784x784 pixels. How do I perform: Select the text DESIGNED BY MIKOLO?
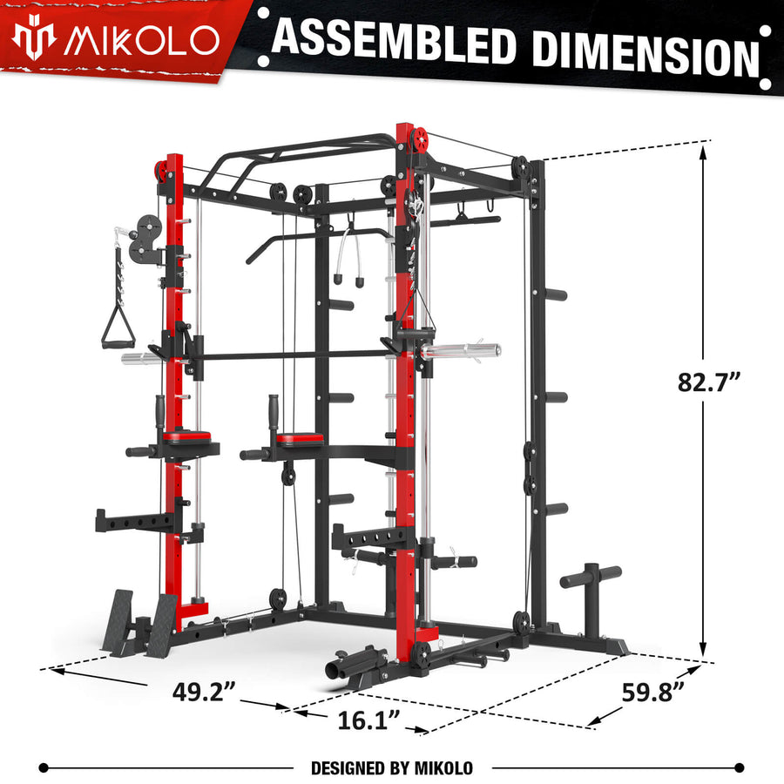click(392, 767)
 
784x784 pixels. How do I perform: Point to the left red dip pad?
click(186, 436)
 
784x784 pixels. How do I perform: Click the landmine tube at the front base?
click(341, 670)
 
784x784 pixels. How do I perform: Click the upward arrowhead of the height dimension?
click(704, 150)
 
